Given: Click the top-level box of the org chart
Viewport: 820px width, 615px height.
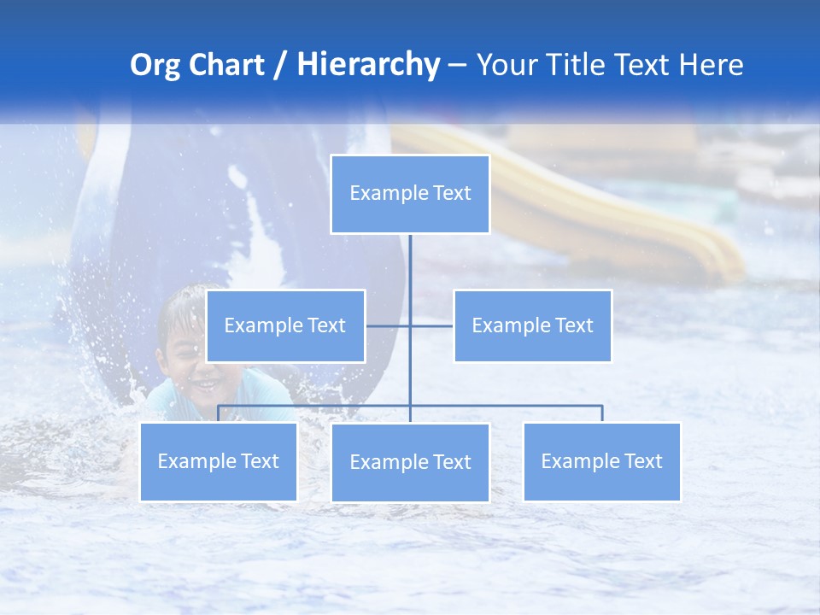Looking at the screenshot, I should tap(410, 194).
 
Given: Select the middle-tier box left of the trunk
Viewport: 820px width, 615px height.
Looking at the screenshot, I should tap(285, 325).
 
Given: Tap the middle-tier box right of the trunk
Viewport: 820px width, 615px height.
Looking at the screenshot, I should tap(532, 325).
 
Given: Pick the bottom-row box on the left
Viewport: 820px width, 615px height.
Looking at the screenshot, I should tap(219, 461).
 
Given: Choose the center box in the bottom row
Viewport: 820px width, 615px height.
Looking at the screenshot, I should tap(410, 462).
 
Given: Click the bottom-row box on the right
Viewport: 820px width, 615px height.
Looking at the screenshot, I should tap(601, 461).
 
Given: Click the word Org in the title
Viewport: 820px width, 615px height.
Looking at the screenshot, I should tap(155, 65).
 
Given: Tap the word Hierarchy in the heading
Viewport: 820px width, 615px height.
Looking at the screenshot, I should tap(368, 65).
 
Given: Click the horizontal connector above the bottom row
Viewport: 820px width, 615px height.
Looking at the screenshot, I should tap(512, 406).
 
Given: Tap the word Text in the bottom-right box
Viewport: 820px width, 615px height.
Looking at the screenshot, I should tap(642, 461).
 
